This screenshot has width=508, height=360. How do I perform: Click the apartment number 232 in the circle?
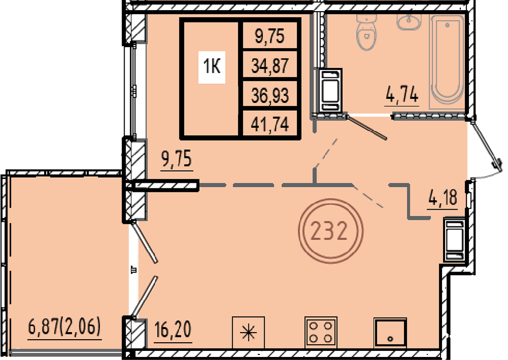[x=329, y=231]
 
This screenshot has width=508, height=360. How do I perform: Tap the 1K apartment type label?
[x=212, y=67]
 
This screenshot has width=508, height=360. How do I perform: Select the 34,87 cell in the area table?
[x=270, y=66]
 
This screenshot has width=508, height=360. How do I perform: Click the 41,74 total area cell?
[x=270, y=124]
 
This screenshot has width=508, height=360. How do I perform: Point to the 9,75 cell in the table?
[x=270, y=36]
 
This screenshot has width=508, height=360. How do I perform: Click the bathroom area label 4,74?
[x=402, y=95]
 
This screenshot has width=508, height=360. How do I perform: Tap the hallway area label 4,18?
[x=442, y=197]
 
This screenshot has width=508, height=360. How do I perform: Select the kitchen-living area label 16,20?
[x=173, y=330]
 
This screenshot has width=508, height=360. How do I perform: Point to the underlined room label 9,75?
[x=177, y=159]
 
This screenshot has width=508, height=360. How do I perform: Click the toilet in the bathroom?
[x=366, y=32]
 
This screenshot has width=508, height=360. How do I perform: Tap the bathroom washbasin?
[x=409, y=21]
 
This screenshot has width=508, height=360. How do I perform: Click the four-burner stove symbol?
[x=321, y=332]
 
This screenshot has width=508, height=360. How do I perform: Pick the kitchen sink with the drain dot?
[x=390, y=333]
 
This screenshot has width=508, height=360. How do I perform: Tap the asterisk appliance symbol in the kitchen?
[x=248, y=333]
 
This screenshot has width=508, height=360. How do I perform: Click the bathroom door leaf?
[x=366, y=127]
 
